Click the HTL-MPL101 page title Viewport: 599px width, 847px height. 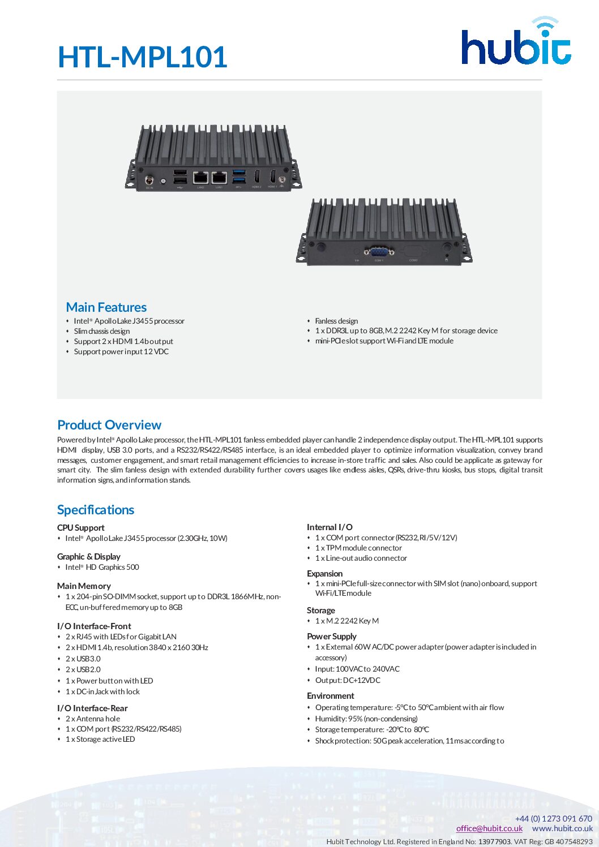[143, 57]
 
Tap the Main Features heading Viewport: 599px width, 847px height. [106, 307]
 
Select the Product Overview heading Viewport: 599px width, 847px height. [109, 425]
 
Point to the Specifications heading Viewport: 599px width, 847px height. [96, 510]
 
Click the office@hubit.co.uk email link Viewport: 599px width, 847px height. [489, 828]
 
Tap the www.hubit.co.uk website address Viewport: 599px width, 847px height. [562, 828]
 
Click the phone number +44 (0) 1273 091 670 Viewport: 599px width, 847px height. [553, 818]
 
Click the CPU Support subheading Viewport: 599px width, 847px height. [81, 527]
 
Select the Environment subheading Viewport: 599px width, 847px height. [331, 696]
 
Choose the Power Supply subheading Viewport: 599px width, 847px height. [332, 637]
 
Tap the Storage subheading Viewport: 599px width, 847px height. [321, 610]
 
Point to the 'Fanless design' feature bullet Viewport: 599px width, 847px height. [336, 321]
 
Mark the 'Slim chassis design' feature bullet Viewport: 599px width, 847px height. [102, 331]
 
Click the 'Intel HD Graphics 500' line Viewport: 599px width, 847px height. [102, 567]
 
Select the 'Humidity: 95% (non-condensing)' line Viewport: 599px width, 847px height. [366, 719]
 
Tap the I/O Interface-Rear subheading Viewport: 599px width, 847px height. [92, 708]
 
